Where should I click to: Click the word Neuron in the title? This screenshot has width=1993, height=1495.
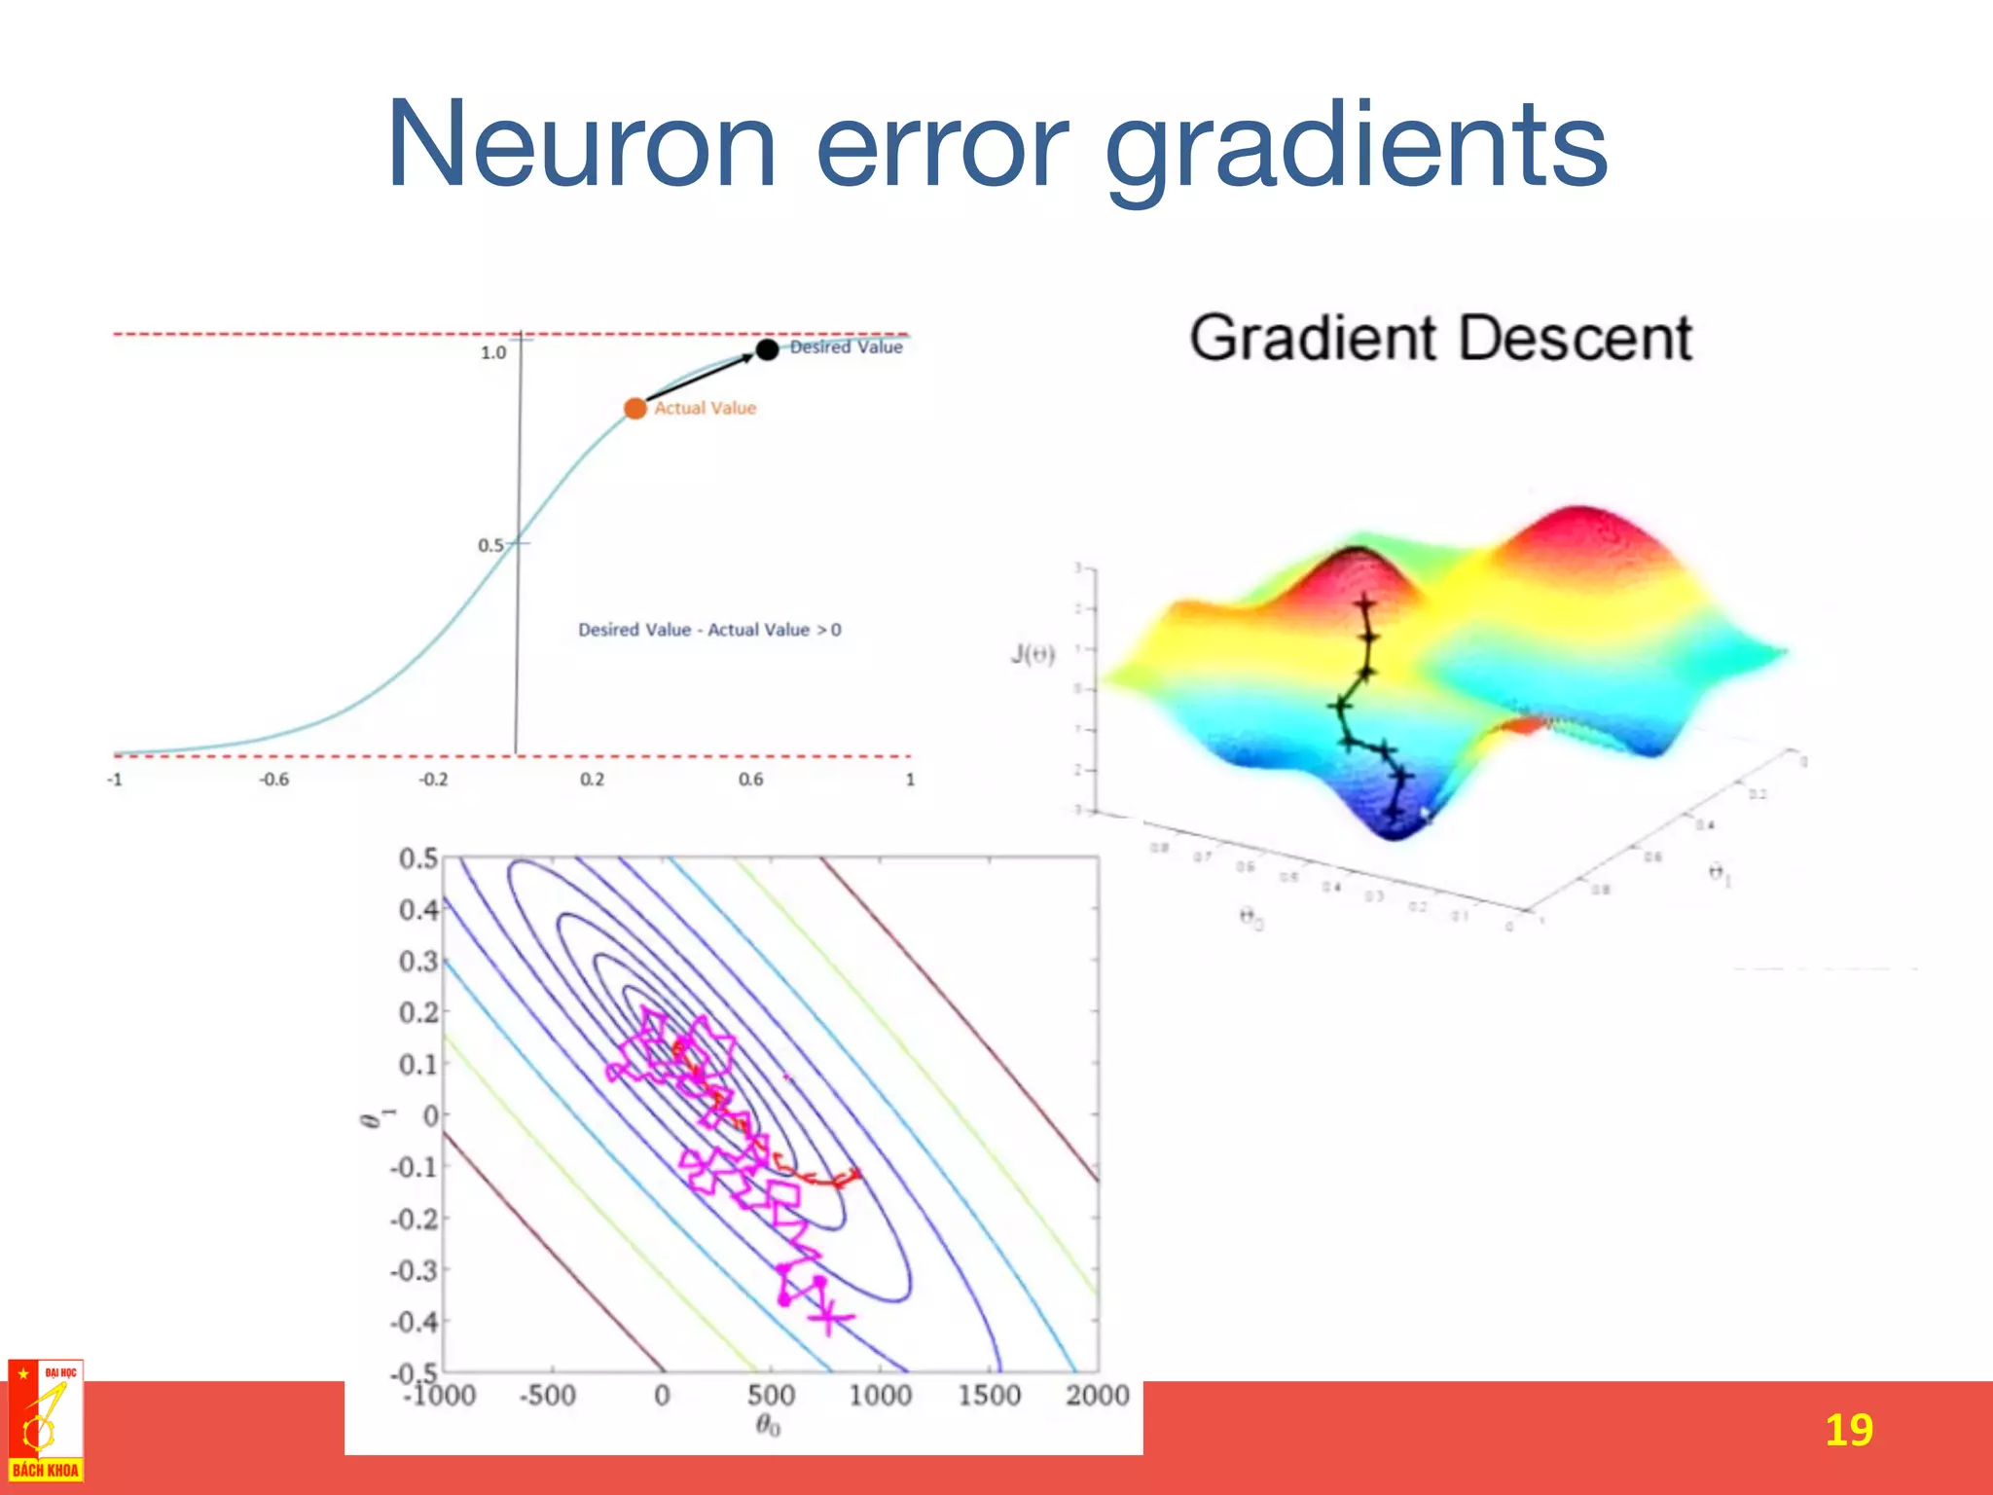click(x=581, y=146)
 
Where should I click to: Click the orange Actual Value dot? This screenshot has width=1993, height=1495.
click(x=634, y=408)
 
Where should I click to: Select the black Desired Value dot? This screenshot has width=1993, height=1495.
click(x=767, y=348)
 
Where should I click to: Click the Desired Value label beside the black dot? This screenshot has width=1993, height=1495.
click(x=846, y=346)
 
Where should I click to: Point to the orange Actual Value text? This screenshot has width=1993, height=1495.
click(x=705, y=408)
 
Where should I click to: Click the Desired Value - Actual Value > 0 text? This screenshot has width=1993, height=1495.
click(x=709, y=630)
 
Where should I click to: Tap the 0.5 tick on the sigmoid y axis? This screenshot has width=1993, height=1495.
click(x=490, y=545)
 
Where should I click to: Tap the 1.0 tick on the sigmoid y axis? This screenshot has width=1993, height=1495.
click(x=493, y=352)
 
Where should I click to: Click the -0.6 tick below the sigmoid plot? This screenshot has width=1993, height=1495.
click(x=273, y=780)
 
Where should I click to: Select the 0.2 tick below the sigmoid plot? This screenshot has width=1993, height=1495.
click(x=592, y=780)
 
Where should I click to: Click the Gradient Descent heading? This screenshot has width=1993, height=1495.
click(x=1440, y=339)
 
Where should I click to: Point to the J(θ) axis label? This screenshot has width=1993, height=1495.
click(x=1032, y=653)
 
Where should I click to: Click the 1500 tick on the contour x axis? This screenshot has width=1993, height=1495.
click(x=989, y=1396)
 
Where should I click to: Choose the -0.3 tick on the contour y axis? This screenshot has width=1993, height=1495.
click(x=414, y=1270)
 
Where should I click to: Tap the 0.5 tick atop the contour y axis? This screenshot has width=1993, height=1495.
click(x=418, y=858)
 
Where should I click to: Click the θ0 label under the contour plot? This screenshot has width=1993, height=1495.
click(x=768, y=1427)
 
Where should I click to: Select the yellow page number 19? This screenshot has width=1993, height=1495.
click(x=1848, y=1430)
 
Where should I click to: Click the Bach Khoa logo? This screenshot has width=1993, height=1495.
click(x=45, y=1421)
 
